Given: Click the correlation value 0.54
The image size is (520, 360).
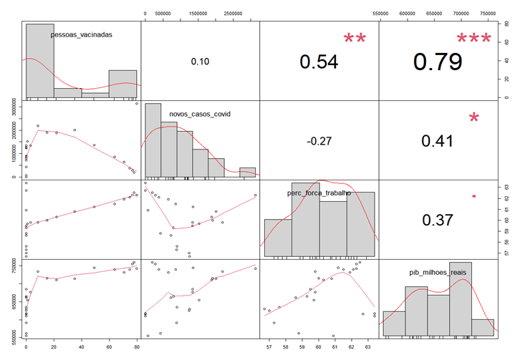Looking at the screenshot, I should (x=319, y=62).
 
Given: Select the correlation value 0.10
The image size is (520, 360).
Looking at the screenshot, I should (x=199, y=62).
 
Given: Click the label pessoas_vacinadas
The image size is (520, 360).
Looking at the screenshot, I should (x=81, y=34).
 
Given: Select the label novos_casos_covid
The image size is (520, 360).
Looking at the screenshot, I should (x=200, y=113).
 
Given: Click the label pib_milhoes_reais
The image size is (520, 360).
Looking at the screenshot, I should (x=439, y=272).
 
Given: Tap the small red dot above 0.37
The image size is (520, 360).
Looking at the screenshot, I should (x=474, y=195).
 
